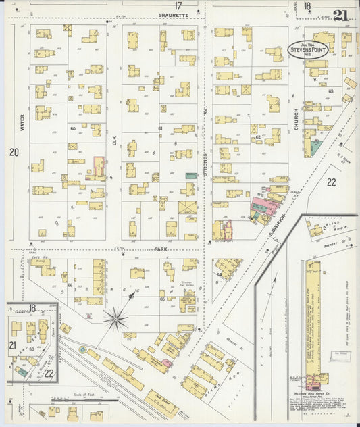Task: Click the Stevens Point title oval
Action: (x=308, y=50)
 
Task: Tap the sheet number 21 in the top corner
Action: (x=340, y=15)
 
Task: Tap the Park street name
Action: (x=160, y=249)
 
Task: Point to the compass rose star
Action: (x=116, y=318)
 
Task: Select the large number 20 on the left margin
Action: (x=14, y=153)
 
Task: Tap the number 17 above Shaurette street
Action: (x=178, y=6)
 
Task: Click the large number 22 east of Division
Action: (x=331, y=182)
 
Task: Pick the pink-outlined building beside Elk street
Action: (x=99, y=166)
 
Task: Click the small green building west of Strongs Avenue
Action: (x=192, y=175)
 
